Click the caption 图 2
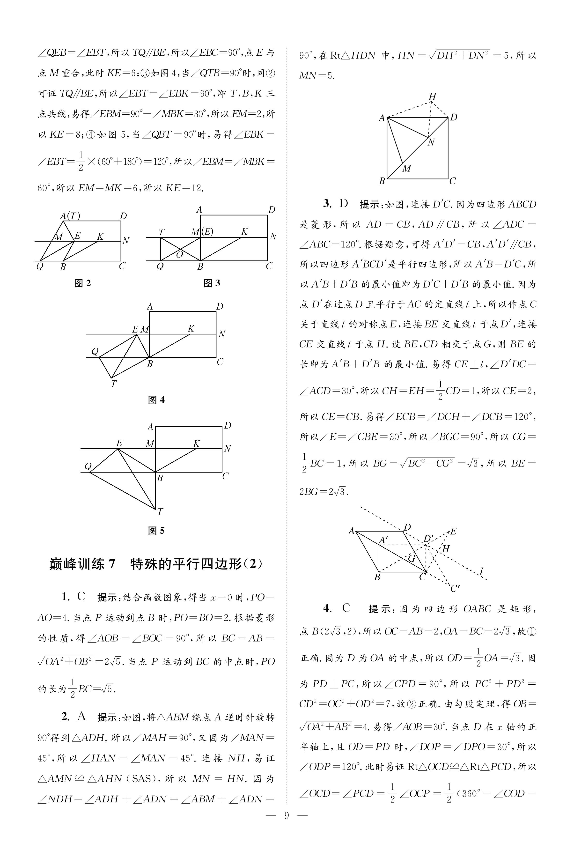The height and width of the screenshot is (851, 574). click(x=82, y=283)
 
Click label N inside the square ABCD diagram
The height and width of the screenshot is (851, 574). click(x=431, y=142)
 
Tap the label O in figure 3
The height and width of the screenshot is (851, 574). click(x=179, y=254)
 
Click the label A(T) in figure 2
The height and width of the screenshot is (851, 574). click(x=70, y=216)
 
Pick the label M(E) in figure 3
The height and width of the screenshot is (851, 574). click(x=202, y=232)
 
